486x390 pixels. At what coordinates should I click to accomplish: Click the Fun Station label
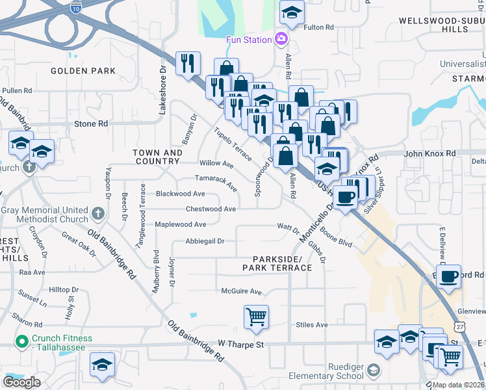[248, 40]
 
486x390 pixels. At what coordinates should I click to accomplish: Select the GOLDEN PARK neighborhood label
[83, 71]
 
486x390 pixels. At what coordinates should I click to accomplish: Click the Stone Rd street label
[91, 123]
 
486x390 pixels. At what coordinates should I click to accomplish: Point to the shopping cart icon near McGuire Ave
[256, 317]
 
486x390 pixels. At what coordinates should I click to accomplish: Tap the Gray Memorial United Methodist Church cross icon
[97, 213]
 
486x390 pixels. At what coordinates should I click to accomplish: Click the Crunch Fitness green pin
[21, 339]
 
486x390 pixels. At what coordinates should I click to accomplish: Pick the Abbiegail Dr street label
[205, 241]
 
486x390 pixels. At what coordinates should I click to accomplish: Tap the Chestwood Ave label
[211, 209]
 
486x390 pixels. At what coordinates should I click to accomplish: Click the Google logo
[21, 382]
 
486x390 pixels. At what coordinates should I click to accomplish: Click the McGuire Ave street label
[241, 292]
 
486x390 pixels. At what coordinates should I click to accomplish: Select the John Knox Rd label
[429, 153]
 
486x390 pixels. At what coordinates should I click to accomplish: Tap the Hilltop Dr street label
[64, 289]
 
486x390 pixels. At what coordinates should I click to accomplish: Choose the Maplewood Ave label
[180, 225]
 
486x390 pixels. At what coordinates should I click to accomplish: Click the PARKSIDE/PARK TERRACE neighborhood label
[277, 263]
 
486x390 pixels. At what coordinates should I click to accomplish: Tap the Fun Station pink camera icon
[281, 39]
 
